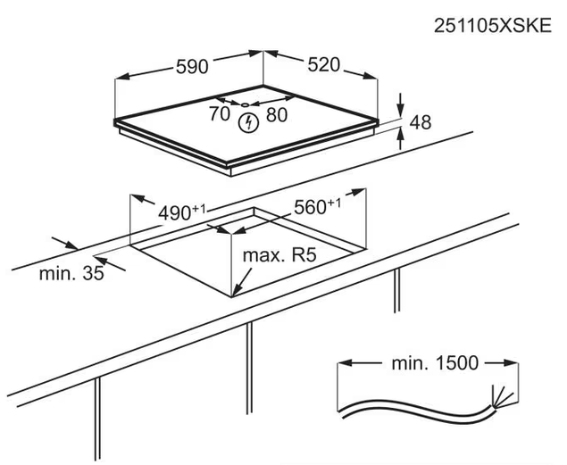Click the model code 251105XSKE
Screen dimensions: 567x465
click(493, 26)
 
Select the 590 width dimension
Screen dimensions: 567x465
click(192, 67)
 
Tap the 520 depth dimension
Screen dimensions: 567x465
click(323, 65)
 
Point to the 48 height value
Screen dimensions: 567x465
click(421, 122)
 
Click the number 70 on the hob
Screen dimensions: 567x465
click(220, 114)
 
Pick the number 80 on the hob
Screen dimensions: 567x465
click(277, 115)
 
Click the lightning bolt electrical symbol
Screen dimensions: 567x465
click(249, 123)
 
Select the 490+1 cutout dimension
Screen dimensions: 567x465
click(182, 212)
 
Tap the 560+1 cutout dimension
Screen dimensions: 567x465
click(317, 207)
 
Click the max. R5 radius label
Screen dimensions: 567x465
click(279, 255)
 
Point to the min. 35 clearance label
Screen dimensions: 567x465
click(71, 273)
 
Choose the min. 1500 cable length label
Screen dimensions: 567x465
click(435, 362)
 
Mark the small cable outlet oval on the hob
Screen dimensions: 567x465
click(246, 104)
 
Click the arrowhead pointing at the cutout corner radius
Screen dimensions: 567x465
click(236, 290)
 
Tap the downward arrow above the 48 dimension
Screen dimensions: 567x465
click(400, 104)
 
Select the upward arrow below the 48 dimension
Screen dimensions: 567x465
click(400, 139)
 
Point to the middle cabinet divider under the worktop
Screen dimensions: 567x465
click(249, 368)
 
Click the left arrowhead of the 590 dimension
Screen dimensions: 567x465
click(122, 76)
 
